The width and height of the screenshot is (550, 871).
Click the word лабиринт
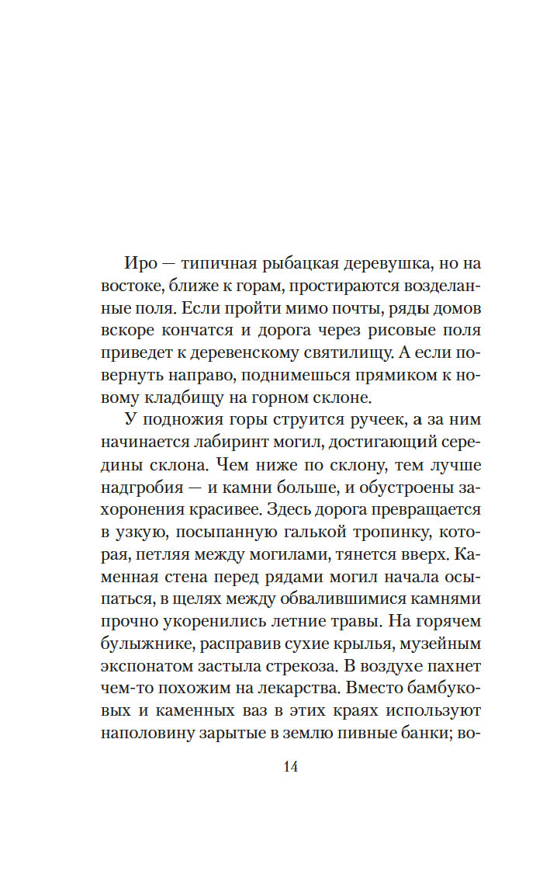pos(238,443)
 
